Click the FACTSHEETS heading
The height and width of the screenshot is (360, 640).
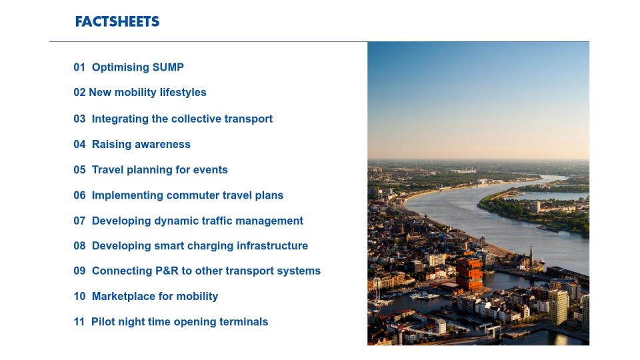pyautogui.click(x=117, y=21)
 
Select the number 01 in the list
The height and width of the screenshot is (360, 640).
pyautogui.click(x=79, y=67)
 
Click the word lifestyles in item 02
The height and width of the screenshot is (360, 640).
pyautogui.click(x=183, y=93)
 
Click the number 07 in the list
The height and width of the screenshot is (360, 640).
pyautogui.click(x=79, y=221)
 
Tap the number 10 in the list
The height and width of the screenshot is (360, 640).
pyautogui.click(x=79, y=296)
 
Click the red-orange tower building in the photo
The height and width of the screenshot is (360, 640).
pyautogui.click(x=469, y=273)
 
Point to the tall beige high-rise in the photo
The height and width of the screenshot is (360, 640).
pyautogui.click(x=558, y=307)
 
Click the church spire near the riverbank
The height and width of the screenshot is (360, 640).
pyautogui.click(x=531, y=255)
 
